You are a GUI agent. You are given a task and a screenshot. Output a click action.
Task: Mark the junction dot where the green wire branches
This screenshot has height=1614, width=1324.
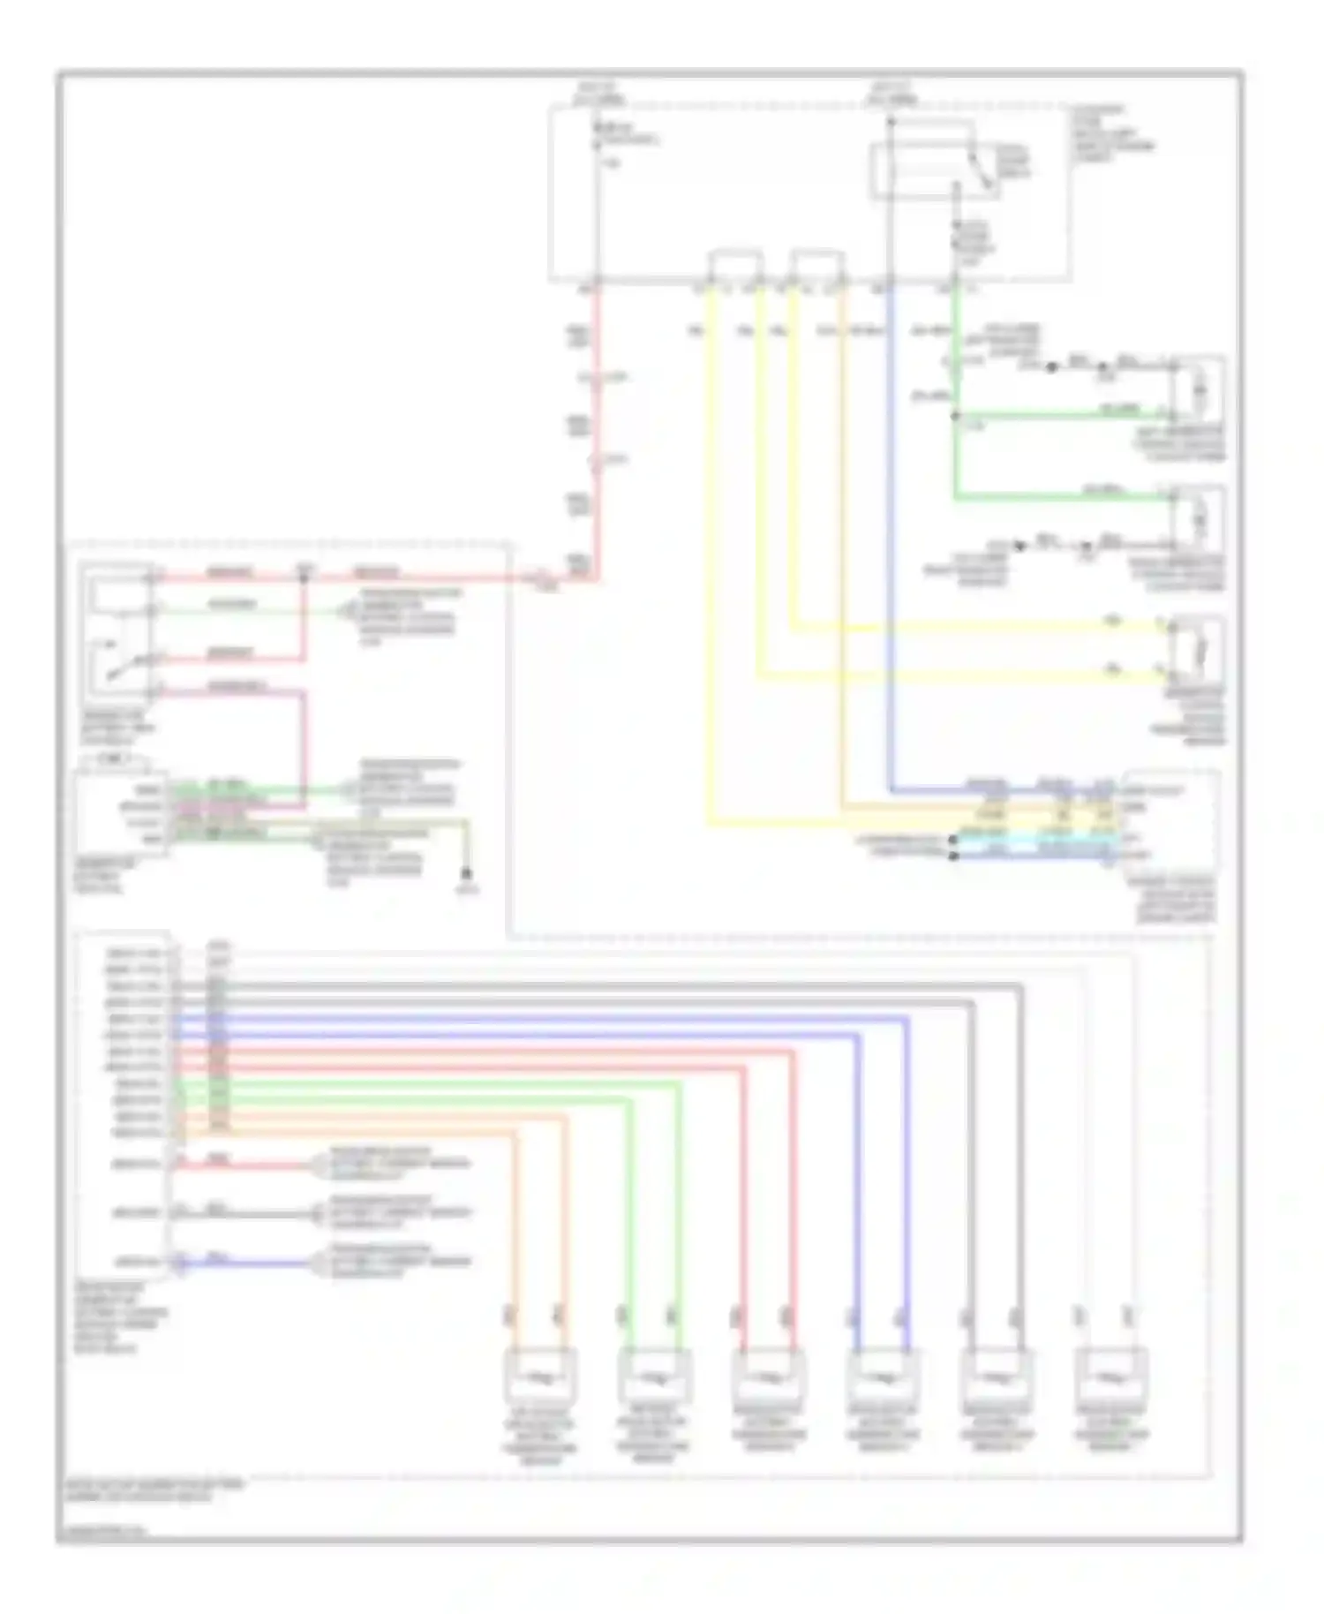pyautogui.click(x=955, y=415)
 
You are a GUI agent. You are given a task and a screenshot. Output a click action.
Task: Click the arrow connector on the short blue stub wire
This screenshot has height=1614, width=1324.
pyautogui.click(x=318, y=1263)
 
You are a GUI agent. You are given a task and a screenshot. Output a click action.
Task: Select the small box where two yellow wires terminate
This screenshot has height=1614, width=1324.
pyautogui.click(x=1196, y=652)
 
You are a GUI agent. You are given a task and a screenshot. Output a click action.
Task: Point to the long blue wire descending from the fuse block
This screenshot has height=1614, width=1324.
pyautogui.click(x=890, y=530)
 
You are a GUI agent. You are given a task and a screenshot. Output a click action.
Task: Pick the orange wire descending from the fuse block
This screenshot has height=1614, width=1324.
pyautogui.click(x=843, y=530)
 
